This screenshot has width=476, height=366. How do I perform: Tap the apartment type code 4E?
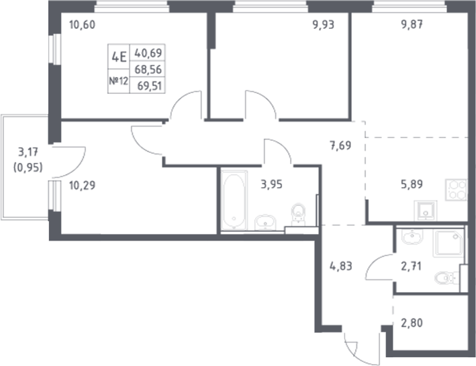click(120, 57)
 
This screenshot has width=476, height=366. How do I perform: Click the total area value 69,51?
click(152, 84)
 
